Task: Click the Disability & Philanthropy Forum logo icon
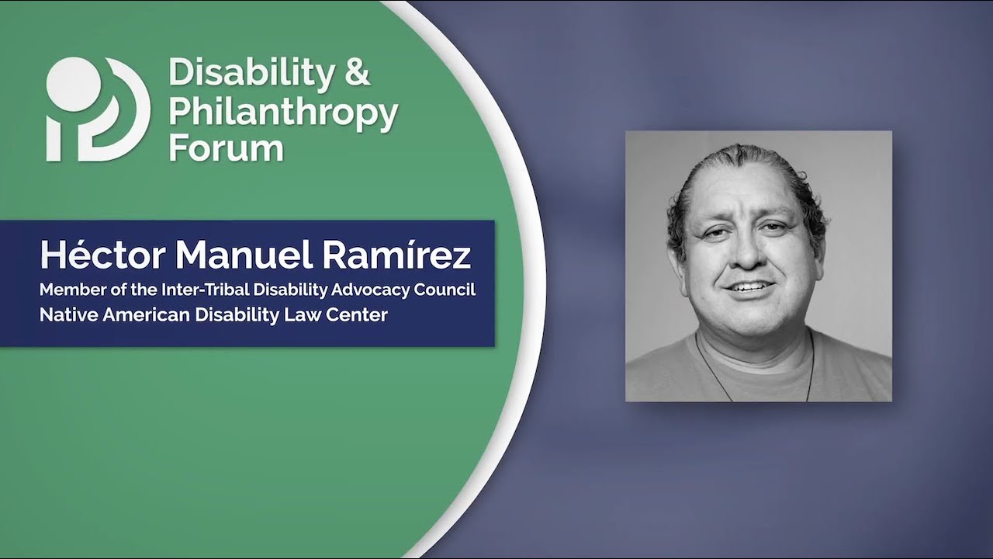point(98,109)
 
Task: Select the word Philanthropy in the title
point(283,112)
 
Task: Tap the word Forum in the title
point(226,147)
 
